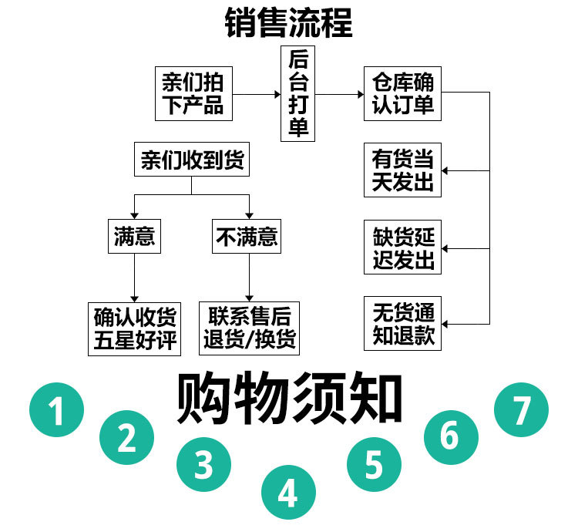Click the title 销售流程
tap(289, 22)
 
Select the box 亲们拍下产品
tap(193, 93)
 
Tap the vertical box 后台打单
tap(297, 94)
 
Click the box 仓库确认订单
tap(402, 93)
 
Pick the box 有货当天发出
tap(403, 170)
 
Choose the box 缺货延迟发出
tap(403, 247)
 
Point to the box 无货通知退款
tap(403, 323)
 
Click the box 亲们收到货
tap(192, 160)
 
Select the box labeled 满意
tap(135, 236)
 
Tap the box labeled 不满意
tap(246, 236)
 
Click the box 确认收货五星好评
tap(135, 328)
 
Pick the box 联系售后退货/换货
tap(249, 328)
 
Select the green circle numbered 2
tap(127, 437)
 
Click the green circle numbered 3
tap(203, 464)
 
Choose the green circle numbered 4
tap(288, 492)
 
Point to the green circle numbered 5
tap(374, 464)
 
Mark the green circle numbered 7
tap(521, 409)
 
